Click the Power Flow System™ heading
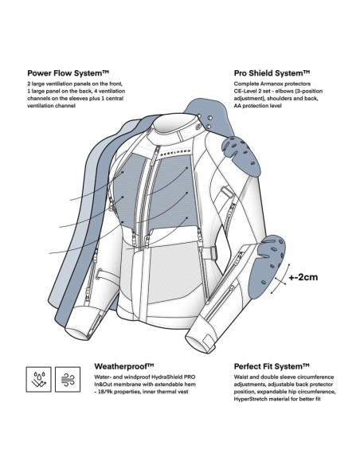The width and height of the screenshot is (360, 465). click(x=68, y=73)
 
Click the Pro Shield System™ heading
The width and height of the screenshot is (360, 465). click(x=272, y=73)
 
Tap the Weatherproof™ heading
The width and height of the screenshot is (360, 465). click(x=124, y=366)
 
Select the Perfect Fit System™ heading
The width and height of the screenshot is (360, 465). click(x=272, y=366)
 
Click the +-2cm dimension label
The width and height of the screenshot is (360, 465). click(x=303, y=277)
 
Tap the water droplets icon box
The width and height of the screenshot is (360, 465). click(x=38, y=379)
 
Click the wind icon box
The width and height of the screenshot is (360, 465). click(x=68, y=379)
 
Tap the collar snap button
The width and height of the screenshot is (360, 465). click(x=198, y=127)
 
